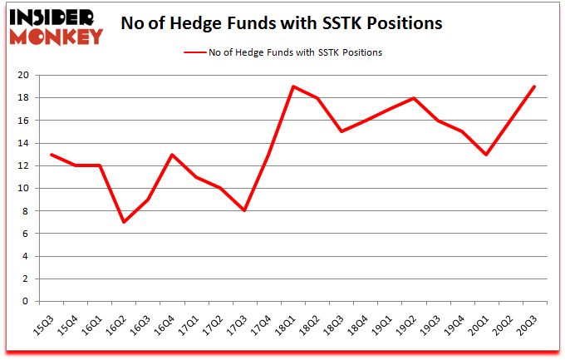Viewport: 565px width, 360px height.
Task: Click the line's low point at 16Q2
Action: [x=124, y=222]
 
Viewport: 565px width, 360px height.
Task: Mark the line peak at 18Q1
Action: [x=292, y=86]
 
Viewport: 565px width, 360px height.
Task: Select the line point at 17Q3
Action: [x=244, y=211]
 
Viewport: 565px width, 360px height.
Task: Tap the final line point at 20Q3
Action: [x=533, y=86]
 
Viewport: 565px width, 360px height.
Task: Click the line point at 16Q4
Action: [x=172, y=155]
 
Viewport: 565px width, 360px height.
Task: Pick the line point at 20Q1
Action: [x=485, y=155]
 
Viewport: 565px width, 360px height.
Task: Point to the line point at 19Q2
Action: [x=413, y=98]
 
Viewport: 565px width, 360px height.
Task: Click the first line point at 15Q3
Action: [x=52, y=155]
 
